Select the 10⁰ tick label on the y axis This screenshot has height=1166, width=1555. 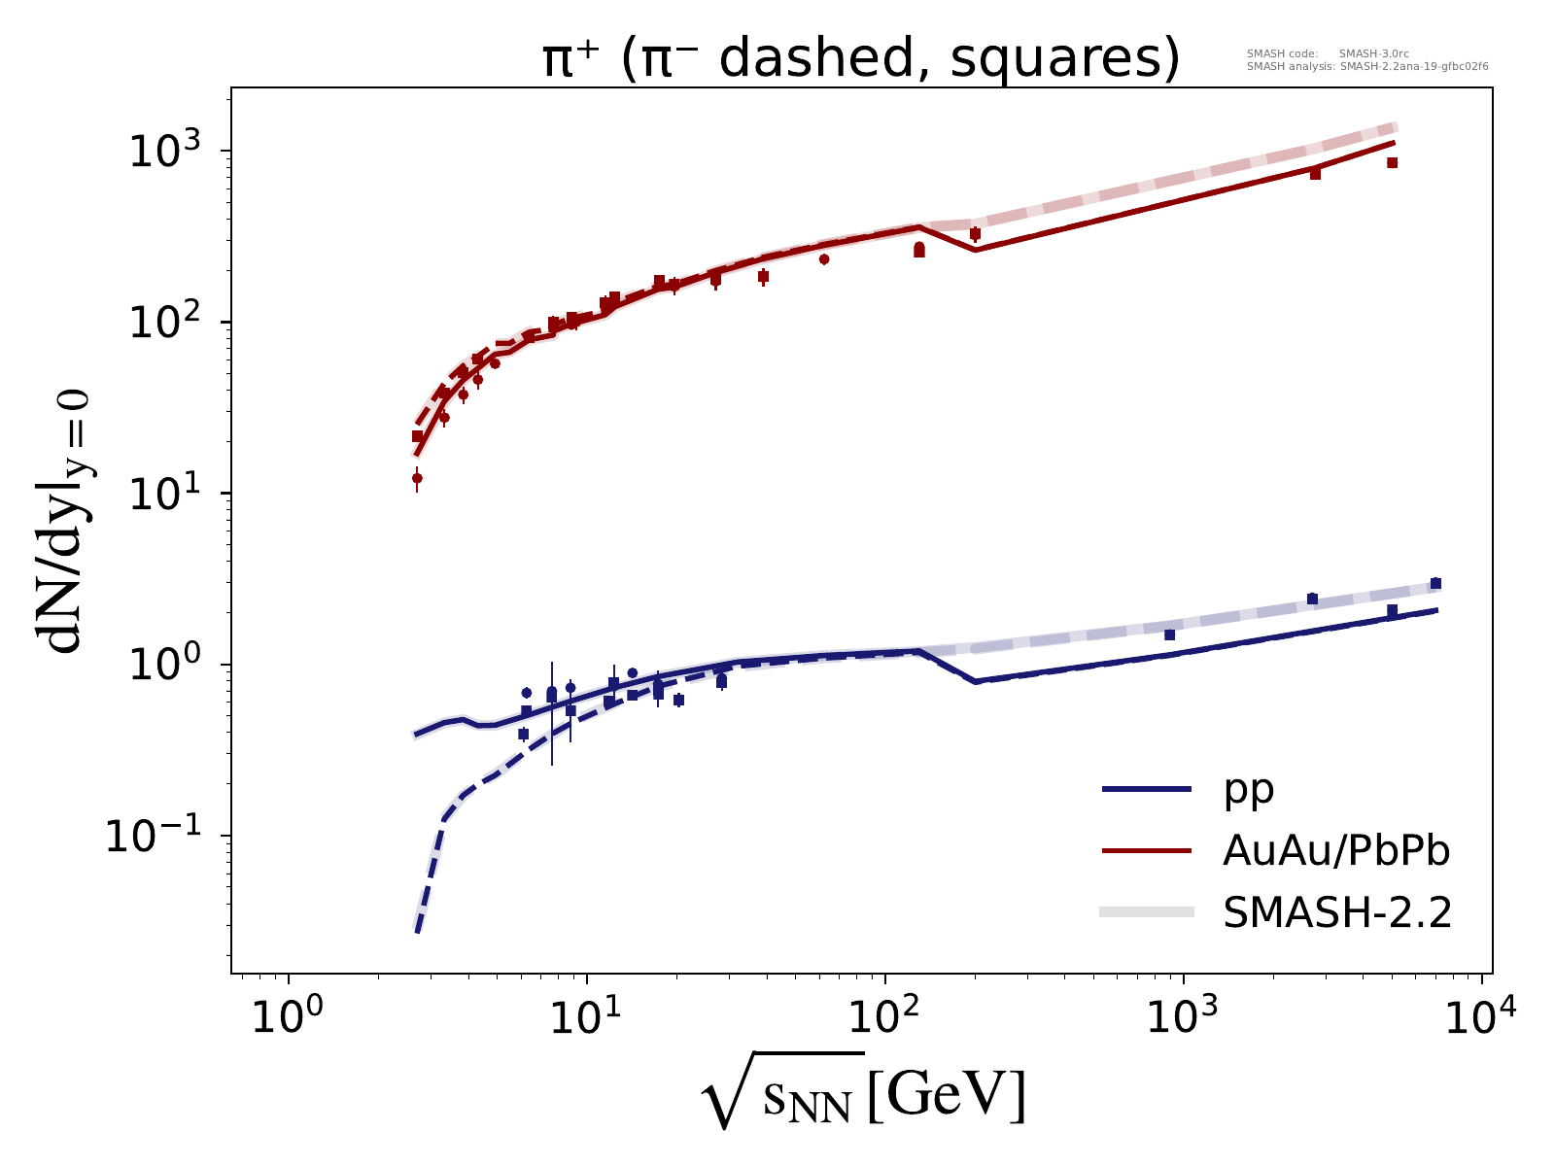click(x=170, y=665)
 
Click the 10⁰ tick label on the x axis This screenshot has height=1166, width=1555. click(x=288, y=1022)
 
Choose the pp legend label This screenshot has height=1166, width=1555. click(x=1249, y=790)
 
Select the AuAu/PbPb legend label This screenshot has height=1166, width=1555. click(x=1336, y=851)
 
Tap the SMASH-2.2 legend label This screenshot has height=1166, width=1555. click(x=1336, y=912)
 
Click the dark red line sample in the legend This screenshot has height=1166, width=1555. click(x=1147, y=851)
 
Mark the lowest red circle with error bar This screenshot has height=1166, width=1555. click(x=417, y=478)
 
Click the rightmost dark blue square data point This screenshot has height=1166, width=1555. click(x=1435, y=584)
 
